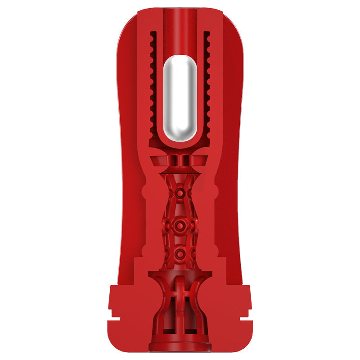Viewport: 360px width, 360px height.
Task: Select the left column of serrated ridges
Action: click(153, 85)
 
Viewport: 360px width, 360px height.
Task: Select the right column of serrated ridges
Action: click(207, 85)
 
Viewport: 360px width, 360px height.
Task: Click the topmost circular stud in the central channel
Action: click(180, 193)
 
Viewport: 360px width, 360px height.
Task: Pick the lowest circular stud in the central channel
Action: click(180, 252)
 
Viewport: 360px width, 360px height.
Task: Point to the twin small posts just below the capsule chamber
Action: click(180, 160)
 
